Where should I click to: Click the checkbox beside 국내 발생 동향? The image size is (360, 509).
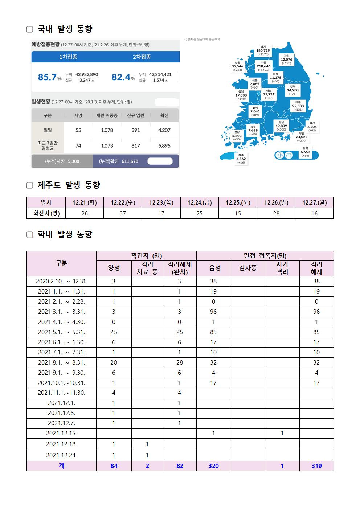point(30,29)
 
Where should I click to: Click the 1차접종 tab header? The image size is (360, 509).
point(68,57)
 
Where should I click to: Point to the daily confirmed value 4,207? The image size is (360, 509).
point(164,130)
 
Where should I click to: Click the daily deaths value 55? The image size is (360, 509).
point(78,130)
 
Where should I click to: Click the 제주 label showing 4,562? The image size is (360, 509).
point(241,159)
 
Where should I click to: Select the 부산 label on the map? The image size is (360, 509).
point(302,137)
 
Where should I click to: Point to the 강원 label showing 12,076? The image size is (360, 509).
point(286,59)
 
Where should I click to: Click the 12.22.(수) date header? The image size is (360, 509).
point(123,202)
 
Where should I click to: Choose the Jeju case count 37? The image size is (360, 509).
point(123,213)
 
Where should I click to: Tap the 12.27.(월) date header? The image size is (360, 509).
point(314,202)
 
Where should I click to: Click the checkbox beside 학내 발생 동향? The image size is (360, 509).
point(30,235)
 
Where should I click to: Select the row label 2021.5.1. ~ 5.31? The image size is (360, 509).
point(61,332)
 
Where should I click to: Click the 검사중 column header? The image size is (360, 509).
point(248,268)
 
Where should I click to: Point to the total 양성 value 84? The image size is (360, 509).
point(114,466)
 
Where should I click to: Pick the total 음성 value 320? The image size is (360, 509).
point(213,466)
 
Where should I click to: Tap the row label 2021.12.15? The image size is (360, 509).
point(61,433)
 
